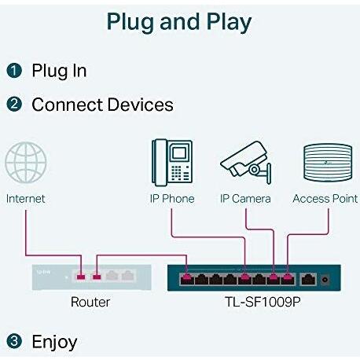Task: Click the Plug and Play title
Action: pos(179,22)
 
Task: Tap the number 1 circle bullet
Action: pos(14,71)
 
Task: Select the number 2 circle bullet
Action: pos(14,104)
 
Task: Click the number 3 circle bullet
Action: pos(14,341)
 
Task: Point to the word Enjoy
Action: pos(54,342)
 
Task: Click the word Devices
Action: pos(141,105)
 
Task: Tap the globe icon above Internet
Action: pos(26,163)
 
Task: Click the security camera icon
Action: pos(246,163)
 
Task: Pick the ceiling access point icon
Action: pos(328,163)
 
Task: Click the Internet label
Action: pos(25,199)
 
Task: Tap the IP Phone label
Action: pos(172,199)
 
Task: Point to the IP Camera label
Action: pos(245,199)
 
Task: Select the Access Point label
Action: pos(325,199)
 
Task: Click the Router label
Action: pos(90,302)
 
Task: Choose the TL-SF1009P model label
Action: pos(263,302)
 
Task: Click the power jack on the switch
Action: pos(325,280)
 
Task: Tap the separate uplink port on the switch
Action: pos(308,279)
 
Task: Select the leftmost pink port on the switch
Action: pos(187,279)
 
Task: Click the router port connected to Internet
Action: pos(81,277)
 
